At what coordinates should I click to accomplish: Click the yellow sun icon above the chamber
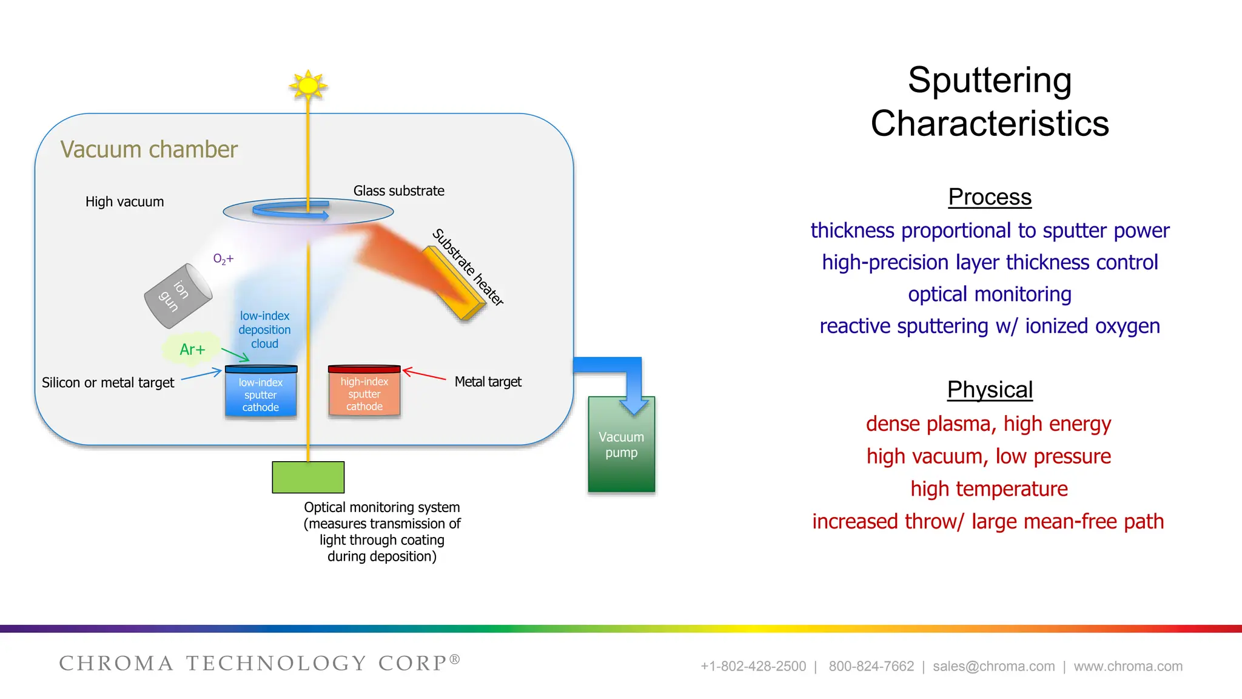[308, 86]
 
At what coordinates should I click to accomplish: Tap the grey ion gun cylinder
[177, 296]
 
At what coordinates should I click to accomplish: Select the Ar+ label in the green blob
[192, 349]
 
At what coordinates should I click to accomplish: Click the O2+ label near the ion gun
[223, 259]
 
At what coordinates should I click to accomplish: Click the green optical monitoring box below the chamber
[308, 478]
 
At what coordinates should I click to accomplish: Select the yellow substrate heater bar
[454, 283]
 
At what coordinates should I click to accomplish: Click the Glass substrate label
[398, 191]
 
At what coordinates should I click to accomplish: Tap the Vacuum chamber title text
[149, 150]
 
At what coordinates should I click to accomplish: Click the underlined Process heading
[990, 197]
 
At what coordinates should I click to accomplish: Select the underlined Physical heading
[990, 390]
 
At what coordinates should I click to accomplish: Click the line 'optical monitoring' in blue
[990, 294]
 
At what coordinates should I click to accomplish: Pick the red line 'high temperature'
[989, 488]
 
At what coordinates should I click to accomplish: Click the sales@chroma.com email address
[993, 666]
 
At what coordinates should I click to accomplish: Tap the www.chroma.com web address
[1128, 666]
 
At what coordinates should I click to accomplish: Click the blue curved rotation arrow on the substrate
[285, 211]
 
